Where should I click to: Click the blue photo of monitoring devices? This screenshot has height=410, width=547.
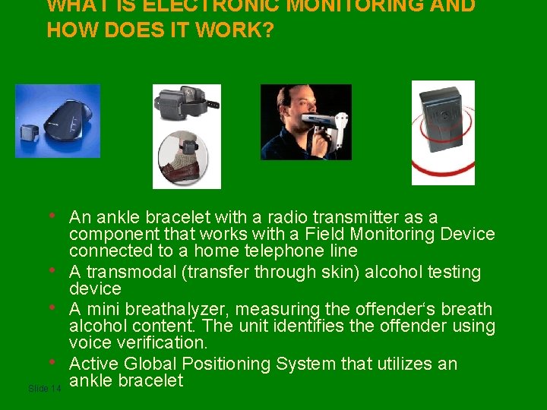[x=58, y=121]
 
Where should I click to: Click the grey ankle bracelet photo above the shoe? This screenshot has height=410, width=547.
[x=186, y=104]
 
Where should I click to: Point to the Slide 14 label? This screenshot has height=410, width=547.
[x=44, y=389]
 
